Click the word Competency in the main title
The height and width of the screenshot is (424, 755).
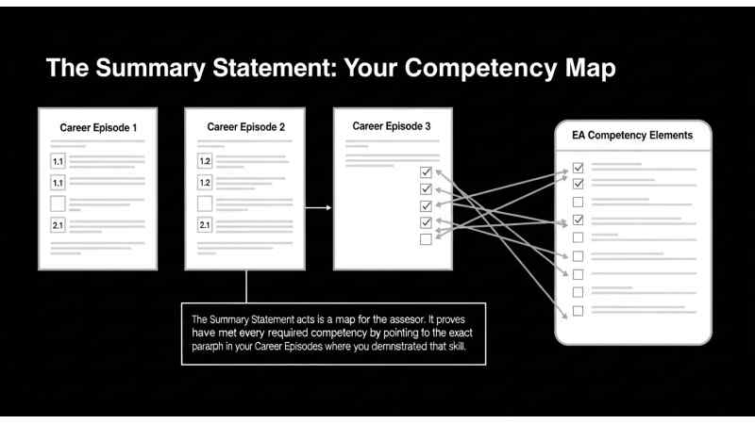pos(480,68)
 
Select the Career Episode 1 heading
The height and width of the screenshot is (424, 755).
pos(98,128)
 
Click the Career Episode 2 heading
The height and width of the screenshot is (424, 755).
pos(245,127)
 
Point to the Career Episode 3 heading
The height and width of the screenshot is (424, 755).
pos(392,126)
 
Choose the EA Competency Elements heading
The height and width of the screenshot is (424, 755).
pos(632,135)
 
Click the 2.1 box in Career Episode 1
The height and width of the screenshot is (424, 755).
pos(58,225)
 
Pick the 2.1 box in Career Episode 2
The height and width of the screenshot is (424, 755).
pos(205,224)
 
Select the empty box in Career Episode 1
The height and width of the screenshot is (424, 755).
pos(58,204)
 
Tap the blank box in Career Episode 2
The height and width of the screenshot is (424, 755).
pos(205,204)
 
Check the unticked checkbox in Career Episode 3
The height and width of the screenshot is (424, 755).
pos(426,239)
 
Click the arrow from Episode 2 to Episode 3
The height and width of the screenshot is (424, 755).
pos(318,207)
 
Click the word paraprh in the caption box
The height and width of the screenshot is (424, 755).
pos(208,347)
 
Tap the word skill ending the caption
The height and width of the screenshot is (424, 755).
pos(457,346)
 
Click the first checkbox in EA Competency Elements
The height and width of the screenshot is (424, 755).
pos(578,168)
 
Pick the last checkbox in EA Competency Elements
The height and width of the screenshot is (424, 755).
pos(578,311)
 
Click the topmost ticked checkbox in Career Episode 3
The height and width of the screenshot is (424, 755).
pos(426,172)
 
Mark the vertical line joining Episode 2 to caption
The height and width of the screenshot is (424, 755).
pos(246,286)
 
